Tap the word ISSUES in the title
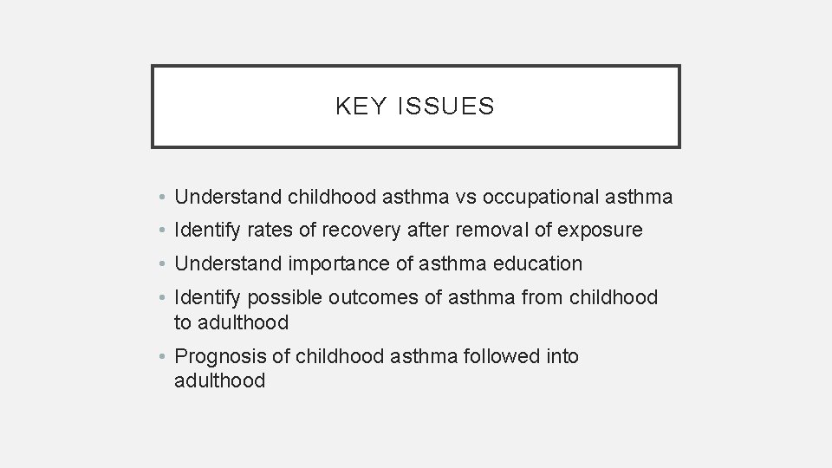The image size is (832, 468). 448,107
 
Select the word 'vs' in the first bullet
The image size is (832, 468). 466,198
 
